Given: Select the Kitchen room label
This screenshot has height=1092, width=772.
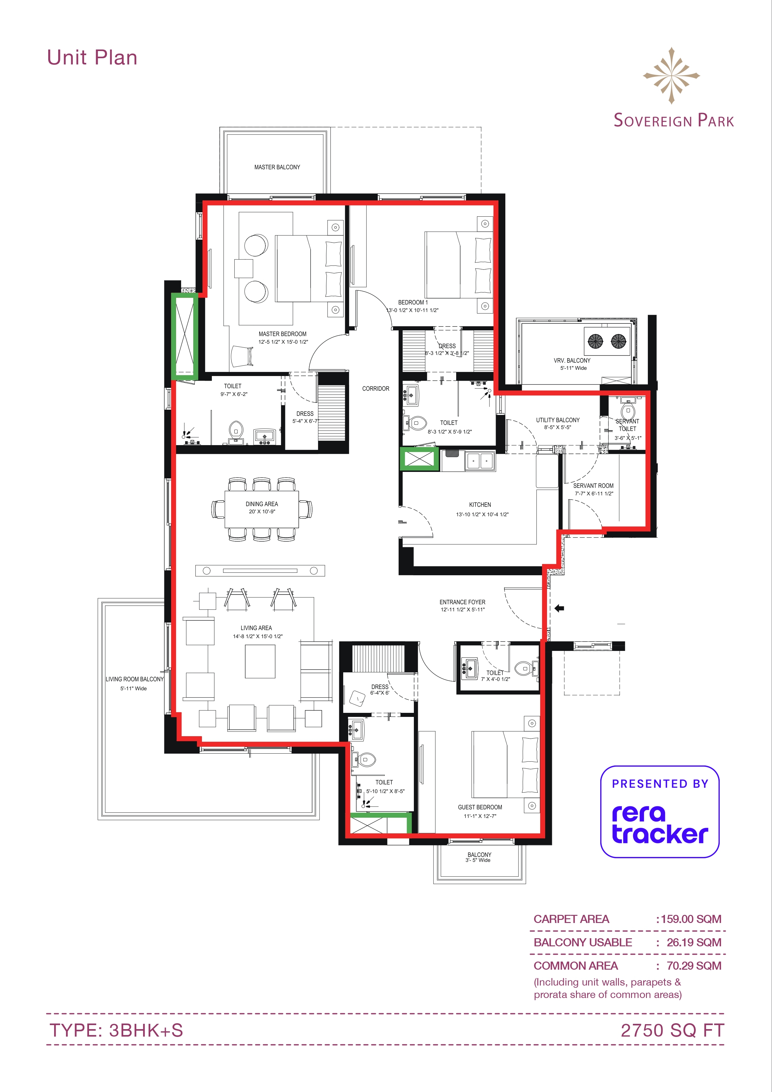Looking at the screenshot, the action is coord(480,505).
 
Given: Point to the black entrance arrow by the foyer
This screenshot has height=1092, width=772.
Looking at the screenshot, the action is coord(559,608).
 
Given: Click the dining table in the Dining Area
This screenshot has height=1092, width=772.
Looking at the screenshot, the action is coord(262,509).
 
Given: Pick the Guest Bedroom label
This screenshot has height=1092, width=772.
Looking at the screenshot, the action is coord(480,807).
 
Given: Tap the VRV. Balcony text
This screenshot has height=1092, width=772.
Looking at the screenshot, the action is coord(572,360).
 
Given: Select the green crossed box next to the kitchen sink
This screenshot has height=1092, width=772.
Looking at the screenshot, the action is coord(419,459).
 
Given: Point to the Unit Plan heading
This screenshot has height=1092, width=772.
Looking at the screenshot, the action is coord(92,58).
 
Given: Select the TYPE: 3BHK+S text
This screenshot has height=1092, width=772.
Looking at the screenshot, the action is coord(116,1030).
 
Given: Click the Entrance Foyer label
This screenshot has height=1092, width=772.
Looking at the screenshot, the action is coord(462,602).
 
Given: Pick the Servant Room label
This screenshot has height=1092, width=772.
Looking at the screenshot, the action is coord(593,486).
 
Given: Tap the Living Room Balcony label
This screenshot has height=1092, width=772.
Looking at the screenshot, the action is coord(134,679).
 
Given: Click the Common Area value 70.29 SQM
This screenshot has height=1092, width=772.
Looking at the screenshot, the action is coord(694,966).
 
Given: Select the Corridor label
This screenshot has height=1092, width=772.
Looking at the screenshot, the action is coord(376,388).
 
